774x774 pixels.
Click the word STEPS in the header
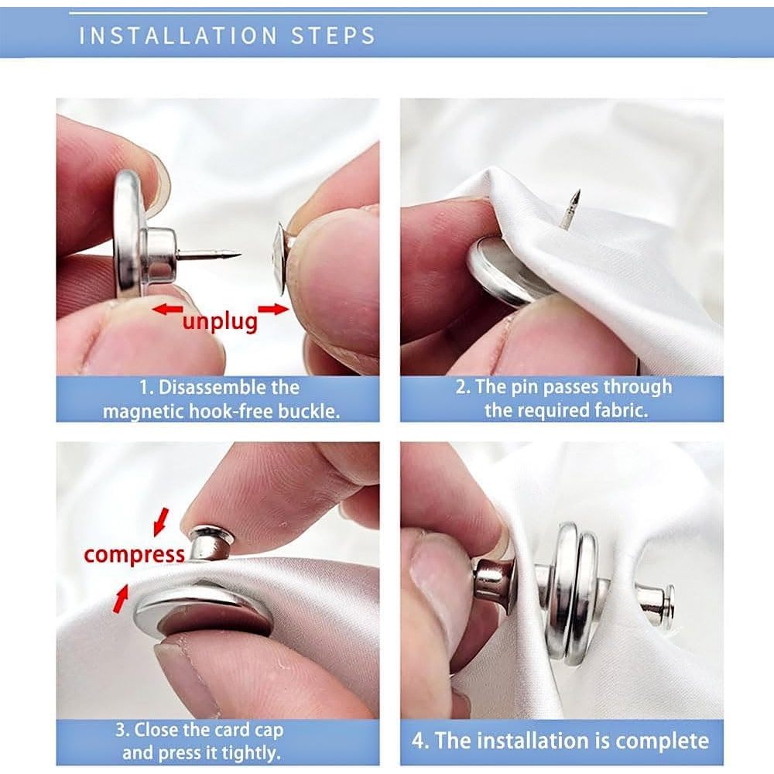click(x=333, y=36)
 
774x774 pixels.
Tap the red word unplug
click(x=220, y=321)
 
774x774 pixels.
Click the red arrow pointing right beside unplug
click(x=273, y=310)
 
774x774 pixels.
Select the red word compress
click(x=134, y=555)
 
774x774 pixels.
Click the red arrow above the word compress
click(x=160, y=522)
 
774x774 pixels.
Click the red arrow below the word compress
click(x=121, y=598)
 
